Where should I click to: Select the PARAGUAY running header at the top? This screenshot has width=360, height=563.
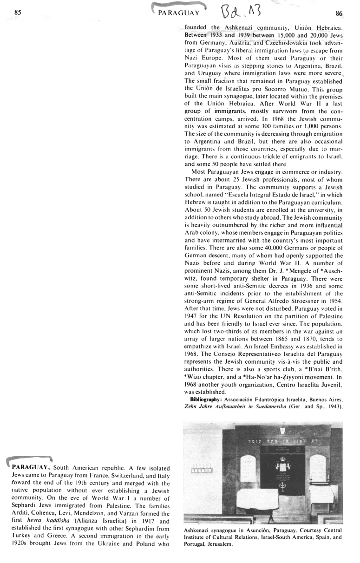179,13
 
